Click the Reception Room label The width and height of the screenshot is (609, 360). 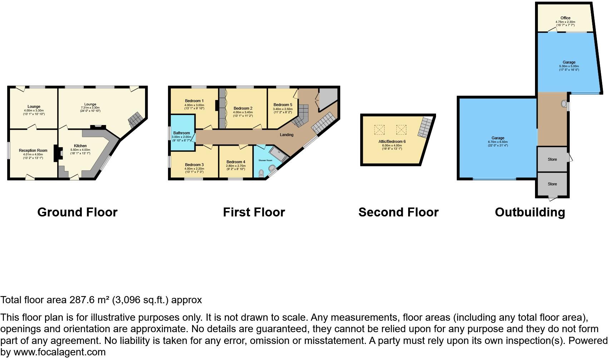point(33,150)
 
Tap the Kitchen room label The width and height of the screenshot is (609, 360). point(80,146)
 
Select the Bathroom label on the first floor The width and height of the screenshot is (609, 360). point(182,133)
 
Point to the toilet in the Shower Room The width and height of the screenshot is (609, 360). point(261,173)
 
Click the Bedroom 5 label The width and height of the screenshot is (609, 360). point(283,105)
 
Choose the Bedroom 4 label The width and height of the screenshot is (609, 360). point(236,162)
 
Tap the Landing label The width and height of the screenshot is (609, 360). point(287,135)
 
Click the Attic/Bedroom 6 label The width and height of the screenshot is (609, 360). point(392,141)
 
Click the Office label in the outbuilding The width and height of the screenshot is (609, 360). point(565,18)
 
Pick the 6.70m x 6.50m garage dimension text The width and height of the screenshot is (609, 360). point(497,142)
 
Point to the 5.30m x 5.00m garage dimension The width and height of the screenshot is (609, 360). point(569,66)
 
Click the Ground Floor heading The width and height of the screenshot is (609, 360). point(77,212)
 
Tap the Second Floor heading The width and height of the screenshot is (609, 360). point(398,212)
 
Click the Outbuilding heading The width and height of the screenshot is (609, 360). point(530,212)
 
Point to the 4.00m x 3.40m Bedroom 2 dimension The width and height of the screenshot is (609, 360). point(243,112)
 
